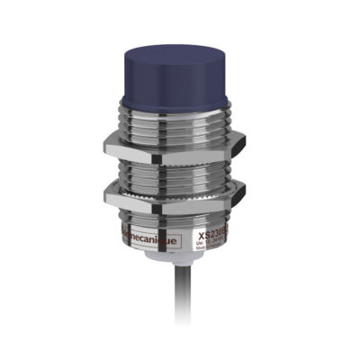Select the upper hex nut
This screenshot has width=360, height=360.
click(x=179, y=144)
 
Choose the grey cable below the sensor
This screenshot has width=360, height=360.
click(x=181, y=306)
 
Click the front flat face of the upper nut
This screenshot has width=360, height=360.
click(x=171, y=145)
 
